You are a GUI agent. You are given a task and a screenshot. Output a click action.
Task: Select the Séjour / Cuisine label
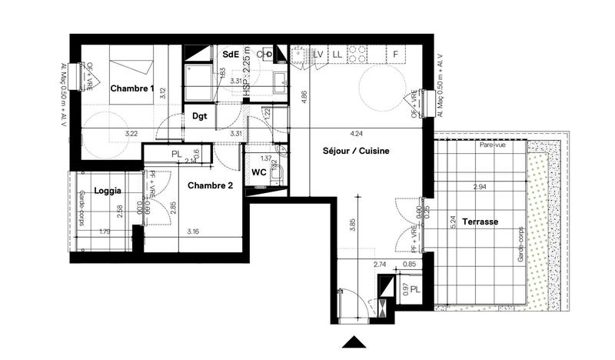point(356,152)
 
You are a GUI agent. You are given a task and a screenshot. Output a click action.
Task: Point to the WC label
point(259,172)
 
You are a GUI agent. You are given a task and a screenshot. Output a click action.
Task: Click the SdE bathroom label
point(230,55)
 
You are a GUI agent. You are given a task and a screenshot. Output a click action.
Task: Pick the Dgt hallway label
point(200,116)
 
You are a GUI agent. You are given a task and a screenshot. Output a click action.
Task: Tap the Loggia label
point(108,190)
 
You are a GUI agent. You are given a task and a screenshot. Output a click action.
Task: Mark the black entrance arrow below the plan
point(354,343)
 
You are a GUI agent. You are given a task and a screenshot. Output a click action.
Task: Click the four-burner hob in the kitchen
point(357,54)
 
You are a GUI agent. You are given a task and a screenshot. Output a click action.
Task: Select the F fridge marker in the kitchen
point(395,54)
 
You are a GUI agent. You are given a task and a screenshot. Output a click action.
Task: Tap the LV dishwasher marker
point(317,54)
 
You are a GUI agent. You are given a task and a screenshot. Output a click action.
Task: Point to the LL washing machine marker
point(336,54)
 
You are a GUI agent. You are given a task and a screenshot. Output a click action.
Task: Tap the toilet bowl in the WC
point(280,174)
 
